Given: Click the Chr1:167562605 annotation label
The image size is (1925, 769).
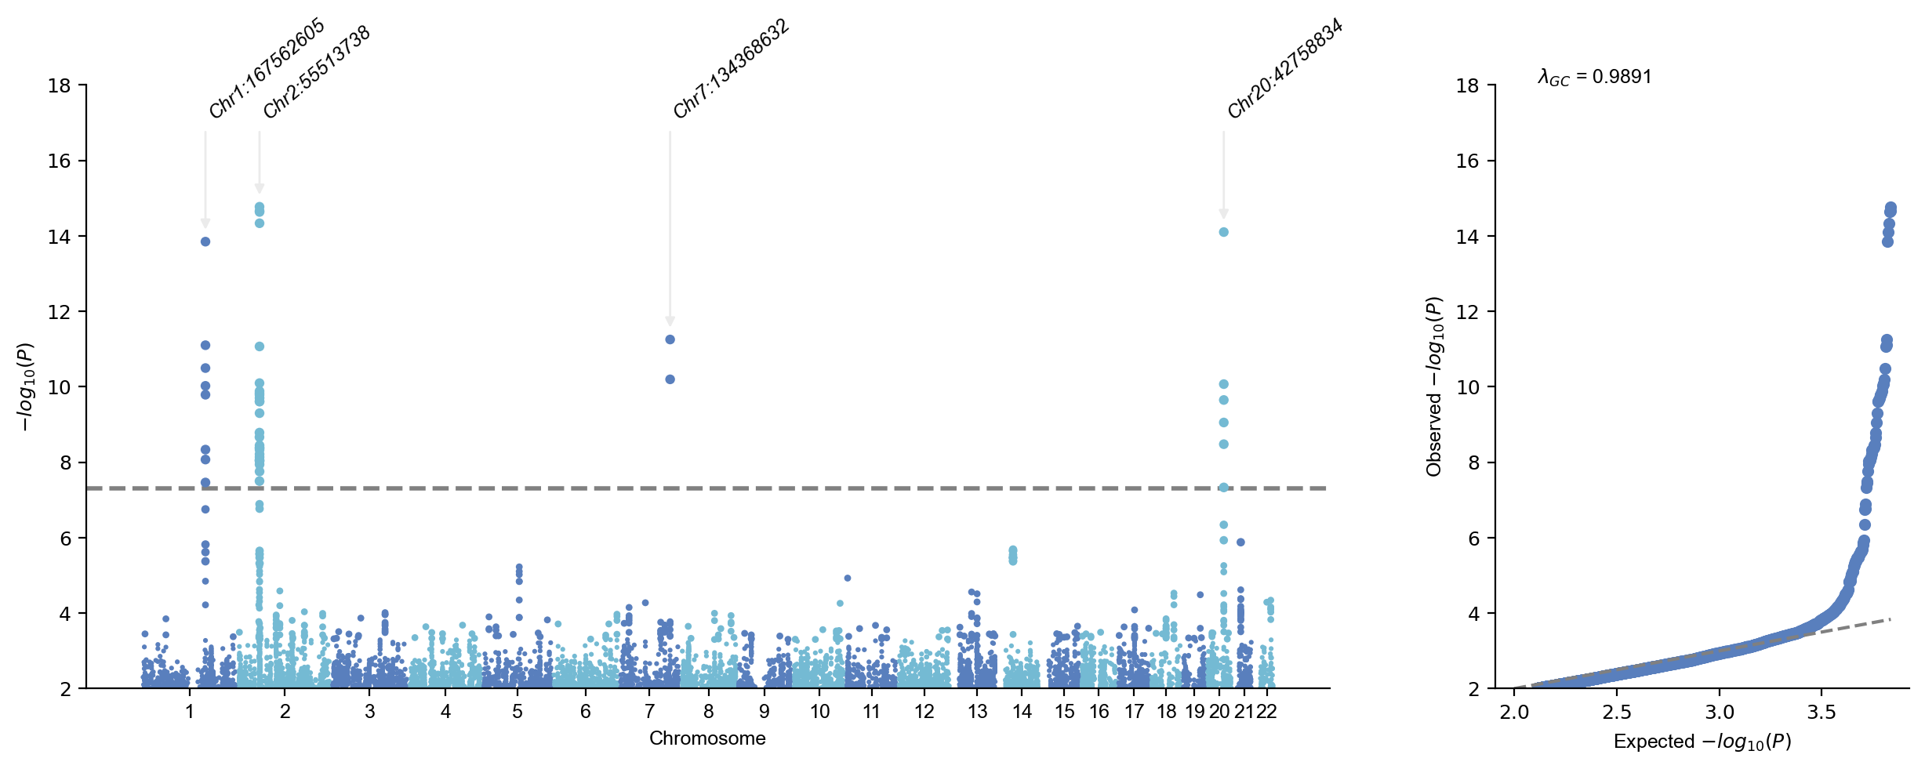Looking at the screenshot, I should coord(267,68).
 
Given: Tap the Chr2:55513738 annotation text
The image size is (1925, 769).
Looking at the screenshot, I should coord(317,72).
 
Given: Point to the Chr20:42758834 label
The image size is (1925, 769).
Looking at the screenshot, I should coord(1284,69).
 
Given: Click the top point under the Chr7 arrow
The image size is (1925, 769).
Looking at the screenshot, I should coord(670,339).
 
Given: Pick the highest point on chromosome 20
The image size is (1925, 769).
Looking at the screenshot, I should coord(1224,232).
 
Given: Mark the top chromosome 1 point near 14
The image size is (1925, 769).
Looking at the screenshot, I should coord(205,241).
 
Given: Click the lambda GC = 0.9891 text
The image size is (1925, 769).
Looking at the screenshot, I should coord(1594,77).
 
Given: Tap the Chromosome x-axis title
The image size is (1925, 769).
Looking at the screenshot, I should coord(707,738).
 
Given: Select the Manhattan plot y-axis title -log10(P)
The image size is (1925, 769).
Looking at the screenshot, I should coord(25,386).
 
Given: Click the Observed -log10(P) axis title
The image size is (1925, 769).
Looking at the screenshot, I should coord(1434,386).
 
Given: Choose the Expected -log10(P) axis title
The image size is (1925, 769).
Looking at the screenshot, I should coord(1702,742).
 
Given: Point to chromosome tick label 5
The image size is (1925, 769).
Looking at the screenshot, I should coord(518,712).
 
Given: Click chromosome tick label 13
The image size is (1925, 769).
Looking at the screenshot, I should coord(978,712).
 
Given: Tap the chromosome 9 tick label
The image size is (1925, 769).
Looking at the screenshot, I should coord(765,712).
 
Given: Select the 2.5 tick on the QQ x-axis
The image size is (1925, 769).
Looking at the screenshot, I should coord(1617,713).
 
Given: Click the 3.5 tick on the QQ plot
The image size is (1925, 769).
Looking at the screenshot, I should coord(1821,713).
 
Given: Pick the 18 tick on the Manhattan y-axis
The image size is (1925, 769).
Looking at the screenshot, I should coord(60,85).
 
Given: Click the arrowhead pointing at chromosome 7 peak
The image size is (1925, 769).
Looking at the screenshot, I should coord(670,321).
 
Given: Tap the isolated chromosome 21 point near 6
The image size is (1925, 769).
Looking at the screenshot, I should coord(1240,542).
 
